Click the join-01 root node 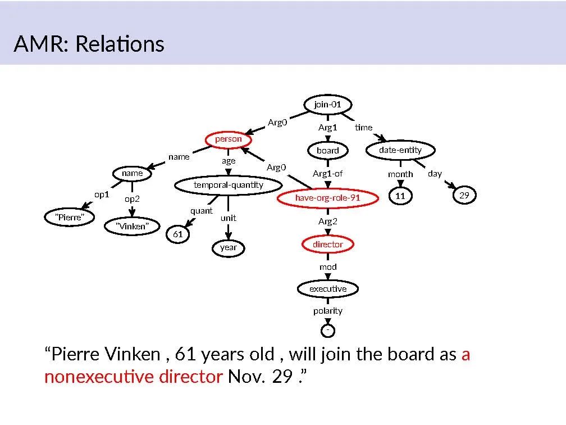click(x=327, y=105)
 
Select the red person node click(x=228, y=139)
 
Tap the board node click(x=327, y=151)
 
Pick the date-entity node click(x=400, y=150)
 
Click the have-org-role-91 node click(x=327, y=198)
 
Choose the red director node click(x=327, y=245)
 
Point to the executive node click(x=328, y=289)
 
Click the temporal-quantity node click(x=228, y=185)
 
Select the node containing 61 click(x=177, y=234)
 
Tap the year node click(x=228, y=247)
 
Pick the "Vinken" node click(x=132, y=227)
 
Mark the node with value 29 click(x=464, y=196)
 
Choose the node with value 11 click(x=400, y=196)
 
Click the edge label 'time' click(x=363, y=128)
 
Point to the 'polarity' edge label click(x=327, y=311)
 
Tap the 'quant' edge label click(x=201, y=211)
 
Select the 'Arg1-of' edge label click(x=327, y=174)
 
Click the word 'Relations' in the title click(x=119, y=44)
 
